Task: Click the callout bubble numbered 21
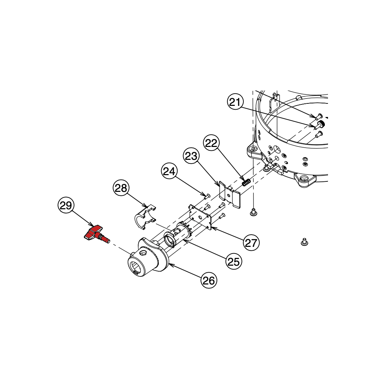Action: (x=235, y=102)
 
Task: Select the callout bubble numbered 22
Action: (x=212, y=143)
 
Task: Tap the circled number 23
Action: (x=191, y=156)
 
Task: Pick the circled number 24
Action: (x=169, y=171)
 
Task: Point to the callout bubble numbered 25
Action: (x=234, y=261)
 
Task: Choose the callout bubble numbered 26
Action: (x=209, y=280)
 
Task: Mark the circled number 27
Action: (x=251, y=242)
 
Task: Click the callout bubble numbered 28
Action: (x=121, y=188)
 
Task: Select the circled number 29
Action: (x=66, y=205)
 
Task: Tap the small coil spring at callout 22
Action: (x=246, y=182)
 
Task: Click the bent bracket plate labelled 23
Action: (x=229, y=195)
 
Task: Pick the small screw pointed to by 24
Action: (x=208, y=195)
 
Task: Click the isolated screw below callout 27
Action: (x=304, y=242)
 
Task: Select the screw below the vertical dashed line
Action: (x=254, y=212)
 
